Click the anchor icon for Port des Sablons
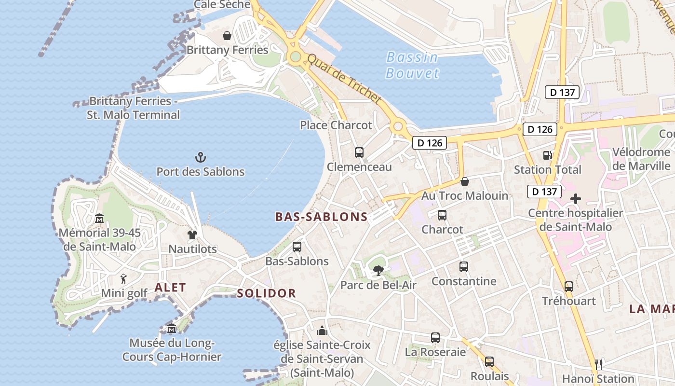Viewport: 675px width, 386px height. tap(200, 157)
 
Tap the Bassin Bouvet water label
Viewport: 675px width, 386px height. tap(412, 65)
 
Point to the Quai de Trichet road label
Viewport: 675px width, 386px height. tap(344, 79)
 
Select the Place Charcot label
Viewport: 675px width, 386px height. tap(336, 125)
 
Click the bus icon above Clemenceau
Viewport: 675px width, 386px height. tap(359, 152)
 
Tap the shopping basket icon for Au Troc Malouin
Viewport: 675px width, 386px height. tap(465, 181)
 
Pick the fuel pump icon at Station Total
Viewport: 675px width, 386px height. tap(547, 155)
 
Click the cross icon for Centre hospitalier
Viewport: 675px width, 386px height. tap(575, 199)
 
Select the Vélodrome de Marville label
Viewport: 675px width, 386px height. tap(641, 159)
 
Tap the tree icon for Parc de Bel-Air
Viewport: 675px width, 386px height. tap(378, 271)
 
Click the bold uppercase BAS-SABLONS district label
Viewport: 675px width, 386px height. tap(321, 217)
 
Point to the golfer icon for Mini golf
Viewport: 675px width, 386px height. tap(124, 279)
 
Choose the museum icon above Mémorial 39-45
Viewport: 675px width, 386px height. tap(99, 219)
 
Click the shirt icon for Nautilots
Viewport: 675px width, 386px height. tap(192, 235)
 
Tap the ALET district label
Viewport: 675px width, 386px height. tap(170, 288)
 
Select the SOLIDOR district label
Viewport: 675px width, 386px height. tap(266, 293)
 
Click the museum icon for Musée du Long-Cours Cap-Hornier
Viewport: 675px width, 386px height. tap(172, 329)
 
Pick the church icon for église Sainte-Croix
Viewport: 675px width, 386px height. tap(322, 331)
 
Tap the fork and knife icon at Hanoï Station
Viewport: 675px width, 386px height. tap(598, 364)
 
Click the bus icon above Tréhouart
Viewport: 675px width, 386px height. tap(569, 287)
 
